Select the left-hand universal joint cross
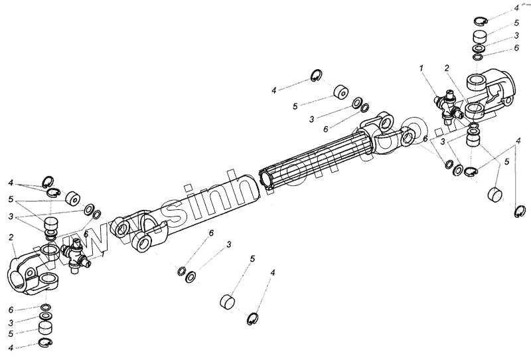click(74, 254)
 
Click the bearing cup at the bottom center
click(228, 302)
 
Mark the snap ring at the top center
click(317, 76)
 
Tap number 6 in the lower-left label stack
click(11, 310)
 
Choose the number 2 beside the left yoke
click(11, 236)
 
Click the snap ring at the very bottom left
click(45, 343)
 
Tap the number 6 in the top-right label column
click(516, 48)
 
